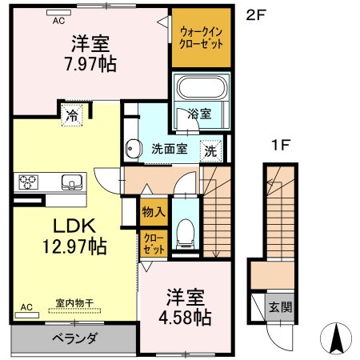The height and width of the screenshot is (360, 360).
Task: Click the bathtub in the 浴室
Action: click(x=202, y=87)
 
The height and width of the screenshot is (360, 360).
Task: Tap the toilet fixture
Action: click(x=186, y=233)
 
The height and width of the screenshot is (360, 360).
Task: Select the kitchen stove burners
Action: click(x=28, y=182)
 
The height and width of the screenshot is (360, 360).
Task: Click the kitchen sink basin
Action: click(x=72, y=182)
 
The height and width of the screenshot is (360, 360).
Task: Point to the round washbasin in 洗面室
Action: click(x=133, y=149)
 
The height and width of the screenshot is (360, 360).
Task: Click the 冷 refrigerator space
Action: click(x=72, y=115)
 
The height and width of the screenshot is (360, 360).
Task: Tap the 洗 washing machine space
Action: click(x=211, y=151)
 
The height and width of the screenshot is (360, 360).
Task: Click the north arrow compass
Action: click(x=336, y=338)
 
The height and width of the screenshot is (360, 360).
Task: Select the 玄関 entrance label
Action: click(x=280, y=307)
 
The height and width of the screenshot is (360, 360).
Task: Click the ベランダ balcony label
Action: click(x=74, y=338)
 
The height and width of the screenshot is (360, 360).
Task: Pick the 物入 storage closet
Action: click(x=154, y=212)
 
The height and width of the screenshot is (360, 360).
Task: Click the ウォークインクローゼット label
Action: click(x=202, y=38)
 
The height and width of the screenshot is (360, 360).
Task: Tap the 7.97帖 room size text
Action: click(x=90, y=64)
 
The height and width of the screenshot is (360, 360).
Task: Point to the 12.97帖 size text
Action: click(x=75, y=246)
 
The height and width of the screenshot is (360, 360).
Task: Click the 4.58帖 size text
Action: click(x=185, y=317)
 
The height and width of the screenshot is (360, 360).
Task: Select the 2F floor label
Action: click(x=256, y=15)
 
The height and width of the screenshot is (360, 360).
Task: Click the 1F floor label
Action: click(x=281, y=145)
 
